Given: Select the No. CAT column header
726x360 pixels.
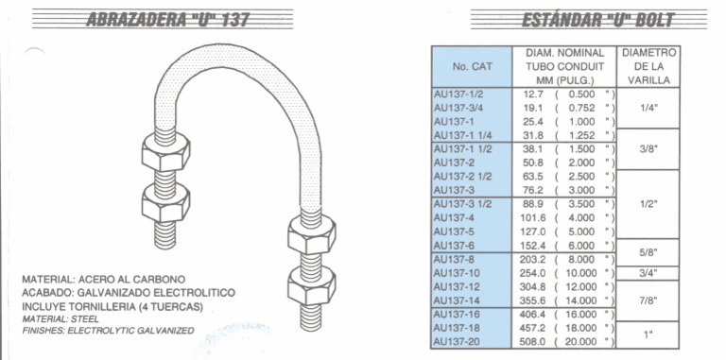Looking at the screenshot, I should [x=473, y=67].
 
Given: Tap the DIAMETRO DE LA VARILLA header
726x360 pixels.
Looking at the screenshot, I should [x=648, y=67].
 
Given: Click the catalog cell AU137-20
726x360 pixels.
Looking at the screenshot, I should [x=457, y=341].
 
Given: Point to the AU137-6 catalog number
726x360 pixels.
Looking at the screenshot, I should [x=453, y=246].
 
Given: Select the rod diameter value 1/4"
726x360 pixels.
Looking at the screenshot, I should [x=648, y=109].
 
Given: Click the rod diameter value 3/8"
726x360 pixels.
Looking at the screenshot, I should [x=648, y=149].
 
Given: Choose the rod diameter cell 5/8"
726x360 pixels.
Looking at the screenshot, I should [x=648, y=252].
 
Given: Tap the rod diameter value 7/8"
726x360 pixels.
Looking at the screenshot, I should [x=648, y=300].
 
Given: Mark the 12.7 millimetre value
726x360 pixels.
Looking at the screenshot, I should [x=533, y=94].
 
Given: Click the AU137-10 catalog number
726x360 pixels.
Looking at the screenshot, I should [x=456, y=273].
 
